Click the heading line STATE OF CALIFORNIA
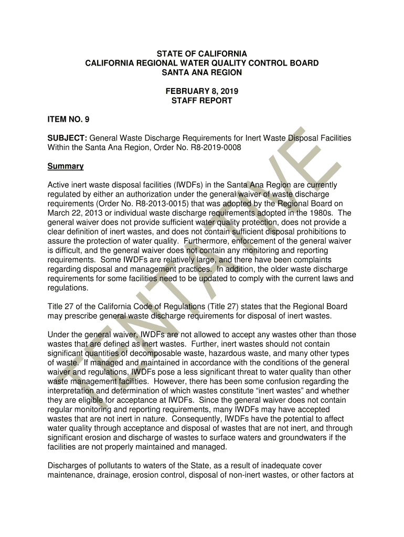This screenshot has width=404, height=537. (x=202, y=54)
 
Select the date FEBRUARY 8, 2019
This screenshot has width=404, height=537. (x=202, y=91)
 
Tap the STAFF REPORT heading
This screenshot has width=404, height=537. (x=202, y=101)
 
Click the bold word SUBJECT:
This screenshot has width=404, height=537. (x=63, y=138)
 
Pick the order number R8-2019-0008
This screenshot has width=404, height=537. (x=216, y=148)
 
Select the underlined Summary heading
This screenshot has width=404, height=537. (x=66, y=166)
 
